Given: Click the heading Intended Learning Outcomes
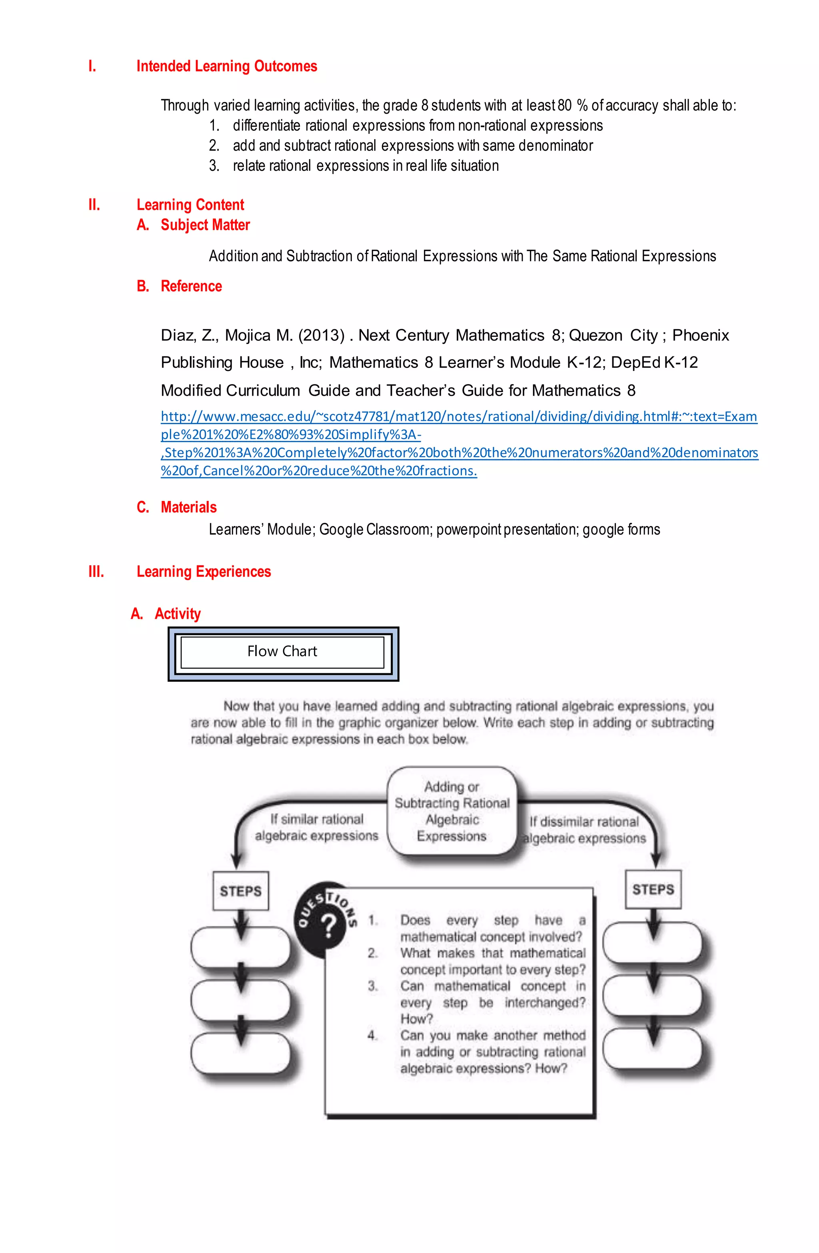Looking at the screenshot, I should click(226, 66).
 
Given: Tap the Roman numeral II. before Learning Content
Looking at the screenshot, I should click(94, 205).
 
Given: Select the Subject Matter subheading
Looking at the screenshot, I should click(205, 225).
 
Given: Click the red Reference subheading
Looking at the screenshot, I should click(191, 286).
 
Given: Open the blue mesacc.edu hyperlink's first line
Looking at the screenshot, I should click(458, 416).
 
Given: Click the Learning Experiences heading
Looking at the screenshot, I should click(203, 572).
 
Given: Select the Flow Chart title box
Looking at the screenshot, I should click(283, 652).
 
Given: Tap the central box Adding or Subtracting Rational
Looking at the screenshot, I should click(451, 811).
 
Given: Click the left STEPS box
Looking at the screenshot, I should click(241, 891).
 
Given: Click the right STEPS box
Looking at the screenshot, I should click(653, 889).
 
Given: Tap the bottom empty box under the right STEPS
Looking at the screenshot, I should click(653, 1048).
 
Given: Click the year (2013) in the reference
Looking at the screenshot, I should click(321, 335).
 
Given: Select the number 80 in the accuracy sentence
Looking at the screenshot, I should click(564, 106).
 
